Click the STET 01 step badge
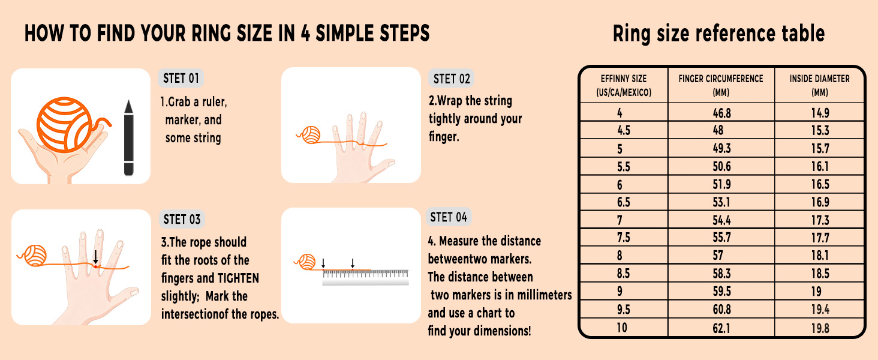pyautogui.click(x=181, y=78)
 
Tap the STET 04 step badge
pyautogui.click(x=449, y=217)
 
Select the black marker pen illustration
pyautogui.click(x=128, y=137)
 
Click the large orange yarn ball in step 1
pyautogui.click(x=64, y=125)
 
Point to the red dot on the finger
pyautogui.click(x=95, y=266)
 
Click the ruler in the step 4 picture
pyautogui.click(x=365, y=277)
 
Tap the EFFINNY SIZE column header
pyautogui.click(x=624, y=85)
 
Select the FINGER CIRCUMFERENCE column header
pyautogui.click(x=721, y=85)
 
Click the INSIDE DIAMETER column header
pyautogui.click(x=820, y=85)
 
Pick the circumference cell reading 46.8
pyautogui.click(x=721, y=113)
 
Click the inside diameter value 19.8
pyautogui.click(x=820, y=328)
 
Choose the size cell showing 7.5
pyautogui.click(x=624, y=238)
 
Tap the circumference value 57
pyautogui.click(x=718, y=256)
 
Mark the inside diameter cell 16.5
pyautogui.click(x=820, y=184)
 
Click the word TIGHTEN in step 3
pyautogui.click(x=238, y=278)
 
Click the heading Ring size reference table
pyautogui.click(x=719, y=34)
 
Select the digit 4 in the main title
pyautogui.click(x=306, y=34)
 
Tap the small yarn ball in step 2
pyautogui.click(x=311, y=135)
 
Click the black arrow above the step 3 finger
pyautogui.click(x=95, y=257)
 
